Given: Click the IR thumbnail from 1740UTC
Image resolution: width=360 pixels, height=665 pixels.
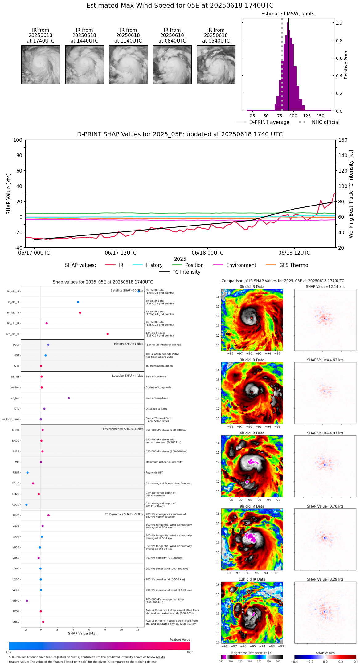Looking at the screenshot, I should point(40,64).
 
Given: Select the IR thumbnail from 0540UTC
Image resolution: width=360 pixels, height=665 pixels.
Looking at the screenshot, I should point(216,64).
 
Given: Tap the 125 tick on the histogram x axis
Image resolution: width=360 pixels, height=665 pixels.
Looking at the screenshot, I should point(307,116).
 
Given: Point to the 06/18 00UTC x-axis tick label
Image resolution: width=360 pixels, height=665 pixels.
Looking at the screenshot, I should point(207,253).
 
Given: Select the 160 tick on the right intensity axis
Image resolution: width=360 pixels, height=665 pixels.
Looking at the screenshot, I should point(343,140).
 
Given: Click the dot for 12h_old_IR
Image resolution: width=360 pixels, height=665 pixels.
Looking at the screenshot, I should point(108,334).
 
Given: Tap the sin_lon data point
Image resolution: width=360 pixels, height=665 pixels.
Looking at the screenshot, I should point(69,398).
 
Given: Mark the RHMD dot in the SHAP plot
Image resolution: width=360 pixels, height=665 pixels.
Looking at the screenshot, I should point(27,601).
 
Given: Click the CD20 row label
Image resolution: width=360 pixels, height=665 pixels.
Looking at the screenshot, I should point(16,505).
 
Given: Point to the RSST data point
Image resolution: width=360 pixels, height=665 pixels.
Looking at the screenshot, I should point(27,473).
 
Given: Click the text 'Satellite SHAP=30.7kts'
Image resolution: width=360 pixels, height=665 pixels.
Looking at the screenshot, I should point(127,291).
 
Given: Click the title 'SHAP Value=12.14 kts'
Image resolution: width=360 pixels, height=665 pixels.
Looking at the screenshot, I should point(325,287).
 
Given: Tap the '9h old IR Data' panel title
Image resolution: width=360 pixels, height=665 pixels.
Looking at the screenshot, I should point(252,506).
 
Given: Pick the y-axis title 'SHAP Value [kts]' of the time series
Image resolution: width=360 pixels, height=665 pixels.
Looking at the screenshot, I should point(9,194).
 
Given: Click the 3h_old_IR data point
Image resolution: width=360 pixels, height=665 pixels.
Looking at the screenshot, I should point(78,302).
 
